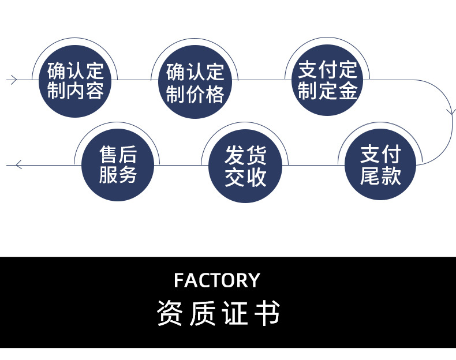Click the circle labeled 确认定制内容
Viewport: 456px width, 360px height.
(76, 81)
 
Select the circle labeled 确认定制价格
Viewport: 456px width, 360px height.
(195, 84)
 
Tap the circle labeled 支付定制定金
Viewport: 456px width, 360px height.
(327, 80)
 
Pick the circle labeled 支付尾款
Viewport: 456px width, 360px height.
(380, 166)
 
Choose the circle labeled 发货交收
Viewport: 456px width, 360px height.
(246, 166)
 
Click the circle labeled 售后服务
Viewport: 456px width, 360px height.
(118, 166)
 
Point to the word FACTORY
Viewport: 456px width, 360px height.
(217, 280)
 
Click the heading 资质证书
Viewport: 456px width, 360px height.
(218, 313)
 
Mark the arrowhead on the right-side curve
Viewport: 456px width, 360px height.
(451, 111)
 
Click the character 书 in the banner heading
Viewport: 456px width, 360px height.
(267, 313)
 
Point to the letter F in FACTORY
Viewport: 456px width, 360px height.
(179, 280)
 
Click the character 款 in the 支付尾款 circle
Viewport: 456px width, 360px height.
(391, 176)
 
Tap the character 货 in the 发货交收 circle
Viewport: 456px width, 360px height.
(256, 156)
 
